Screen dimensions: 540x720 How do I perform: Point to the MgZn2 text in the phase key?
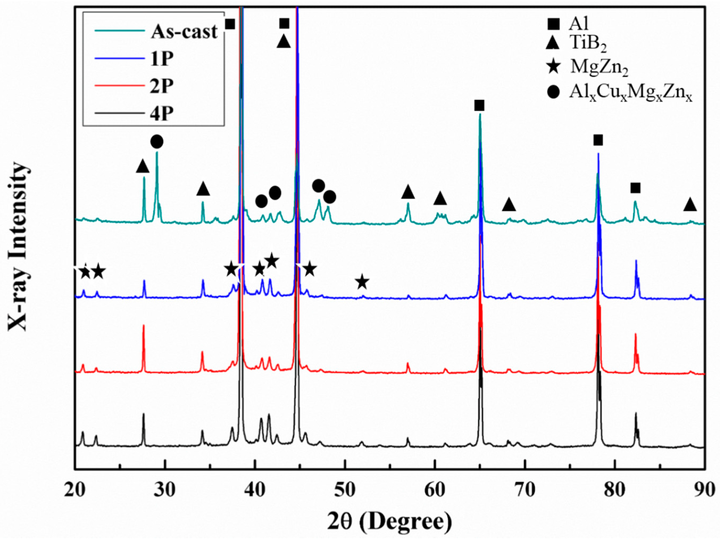click(x=599, y=69)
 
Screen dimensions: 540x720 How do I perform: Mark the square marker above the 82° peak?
click(x=635, y=188)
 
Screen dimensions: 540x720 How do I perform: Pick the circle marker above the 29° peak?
click(x=157, y=141)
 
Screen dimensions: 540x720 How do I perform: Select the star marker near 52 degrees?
click(x=362, y=282)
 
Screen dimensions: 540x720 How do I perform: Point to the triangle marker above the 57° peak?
click(x=408, y=192)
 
